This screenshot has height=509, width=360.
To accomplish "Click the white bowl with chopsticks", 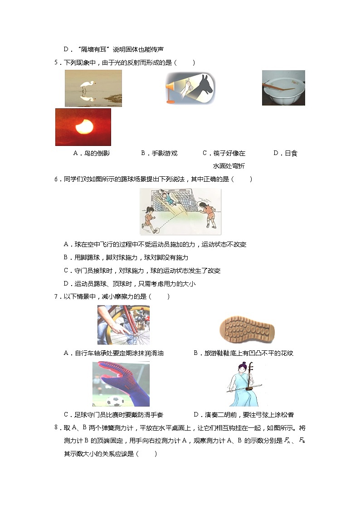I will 283,88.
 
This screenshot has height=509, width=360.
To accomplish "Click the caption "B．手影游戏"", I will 159,153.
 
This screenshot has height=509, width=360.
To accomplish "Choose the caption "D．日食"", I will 285,153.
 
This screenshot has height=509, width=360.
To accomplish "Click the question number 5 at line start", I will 57,63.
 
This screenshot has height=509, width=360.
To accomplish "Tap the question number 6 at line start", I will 57,179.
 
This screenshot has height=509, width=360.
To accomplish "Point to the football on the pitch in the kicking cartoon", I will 156,230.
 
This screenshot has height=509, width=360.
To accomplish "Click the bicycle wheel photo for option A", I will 123,325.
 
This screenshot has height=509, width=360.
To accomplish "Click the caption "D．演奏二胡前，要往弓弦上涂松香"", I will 243,414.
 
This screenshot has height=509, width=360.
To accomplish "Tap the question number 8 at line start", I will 57,427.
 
